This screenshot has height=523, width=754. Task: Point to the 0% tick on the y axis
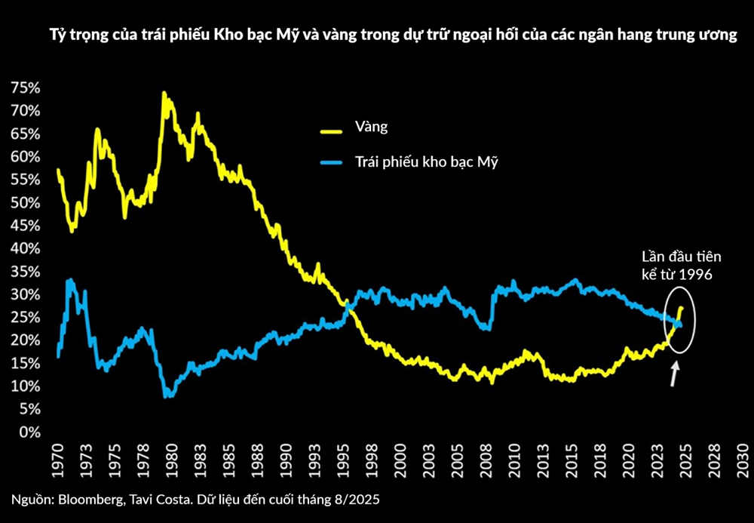coord(28,432)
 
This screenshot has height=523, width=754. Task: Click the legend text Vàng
coord(371,127)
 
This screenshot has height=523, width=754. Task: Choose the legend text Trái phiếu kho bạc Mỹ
coord(427,162)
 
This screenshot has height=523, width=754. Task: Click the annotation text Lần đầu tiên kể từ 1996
coord(675,264)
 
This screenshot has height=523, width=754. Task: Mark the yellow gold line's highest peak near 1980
coord(164,94)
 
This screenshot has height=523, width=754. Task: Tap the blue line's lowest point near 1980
coord(167,395)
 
